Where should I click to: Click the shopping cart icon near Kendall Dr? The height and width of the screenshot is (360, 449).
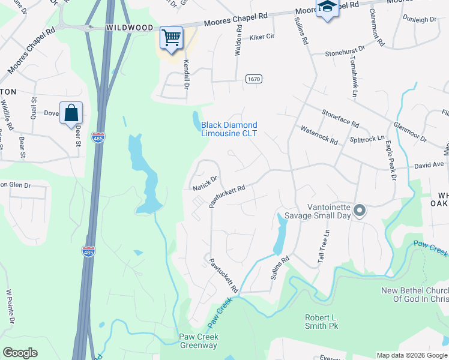(x=171, y=38)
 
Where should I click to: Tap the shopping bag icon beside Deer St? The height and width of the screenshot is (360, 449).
(x=71, y=112)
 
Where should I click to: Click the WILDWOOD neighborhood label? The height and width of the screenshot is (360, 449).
(x=130, y=28)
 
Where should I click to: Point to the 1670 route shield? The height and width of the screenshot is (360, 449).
(x=254, y=79)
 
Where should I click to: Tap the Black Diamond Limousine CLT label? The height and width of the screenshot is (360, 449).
(x=229, y=129)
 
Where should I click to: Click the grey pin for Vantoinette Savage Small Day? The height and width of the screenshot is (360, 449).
(x=360, y=210)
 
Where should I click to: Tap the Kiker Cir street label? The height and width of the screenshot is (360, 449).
(x=262, y=37)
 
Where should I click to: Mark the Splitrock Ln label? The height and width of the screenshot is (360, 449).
(x=367, y=139)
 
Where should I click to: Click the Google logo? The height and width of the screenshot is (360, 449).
(x=20, y=353)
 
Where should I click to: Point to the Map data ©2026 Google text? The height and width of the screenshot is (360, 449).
(x=411, y=355)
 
